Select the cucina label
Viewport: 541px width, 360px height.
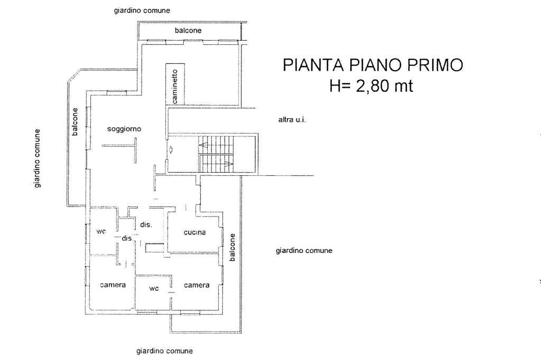[194, 232]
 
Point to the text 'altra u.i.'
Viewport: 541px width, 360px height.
[292, 120]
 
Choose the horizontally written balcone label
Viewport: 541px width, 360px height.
[188, 31]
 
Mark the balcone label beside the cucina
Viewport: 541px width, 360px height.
[232, 247]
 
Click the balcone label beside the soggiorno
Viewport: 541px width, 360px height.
[75, 121]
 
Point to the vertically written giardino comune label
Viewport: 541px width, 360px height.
[38, 158]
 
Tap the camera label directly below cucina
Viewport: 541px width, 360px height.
[197, 285]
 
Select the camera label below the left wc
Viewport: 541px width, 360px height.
[113, 285]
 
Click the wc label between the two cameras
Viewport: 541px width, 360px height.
[154, 289]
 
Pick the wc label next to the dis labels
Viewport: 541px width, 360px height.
[101, 231]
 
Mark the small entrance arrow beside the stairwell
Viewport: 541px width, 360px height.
[172, 149]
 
